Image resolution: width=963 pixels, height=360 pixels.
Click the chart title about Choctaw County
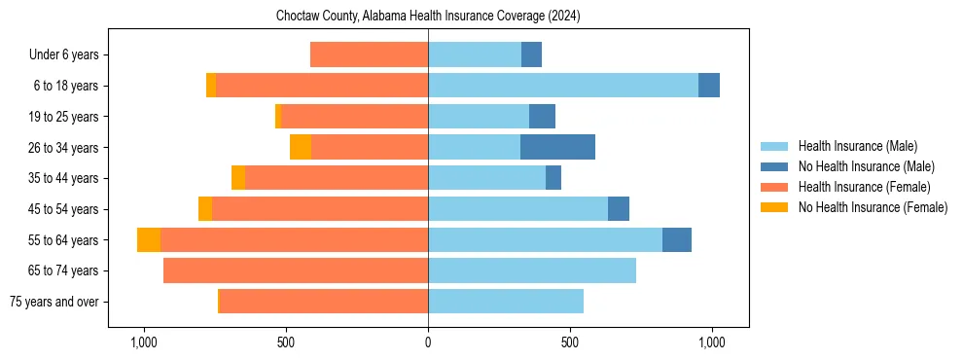tap(428, 17)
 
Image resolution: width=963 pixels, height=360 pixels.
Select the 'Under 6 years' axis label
tap(69, 55)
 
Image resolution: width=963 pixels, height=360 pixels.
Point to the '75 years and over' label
tap(53, 302)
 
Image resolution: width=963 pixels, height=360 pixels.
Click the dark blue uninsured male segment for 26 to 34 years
tap(557, 147)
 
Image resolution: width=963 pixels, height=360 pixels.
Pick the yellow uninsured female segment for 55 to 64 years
tap(149, 239)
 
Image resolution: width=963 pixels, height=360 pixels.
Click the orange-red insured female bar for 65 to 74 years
tap(296, 270)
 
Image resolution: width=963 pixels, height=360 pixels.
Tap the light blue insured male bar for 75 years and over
tap(506, 302)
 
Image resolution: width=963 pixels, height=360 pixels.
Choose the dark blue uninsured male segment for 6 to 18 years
tap(709, 86)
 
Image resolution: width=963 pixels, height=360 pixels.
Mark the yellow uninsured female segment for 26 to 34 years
tap(301, 147)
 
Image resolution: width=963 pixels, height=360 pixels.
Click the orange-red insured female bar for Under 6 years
tap(369, 54)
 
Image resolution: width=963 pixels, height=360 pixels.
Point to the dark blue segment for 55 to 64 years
tap(677, 239)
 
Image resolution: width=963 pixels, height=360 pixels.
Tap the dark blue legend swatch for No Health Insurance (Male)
tap(774, 166)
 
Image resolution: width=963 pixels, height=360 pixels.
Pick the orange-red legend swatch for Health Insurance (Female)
tap(774, 187)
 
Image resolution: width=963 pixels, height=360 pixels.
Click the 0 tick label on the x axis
tap(428, 342)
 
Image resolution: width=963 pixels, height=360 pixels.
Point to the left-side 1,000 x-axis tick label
tap(143, 342)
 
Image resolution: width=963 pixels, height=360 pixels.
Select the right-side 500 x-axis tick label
tap(570, 342)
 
